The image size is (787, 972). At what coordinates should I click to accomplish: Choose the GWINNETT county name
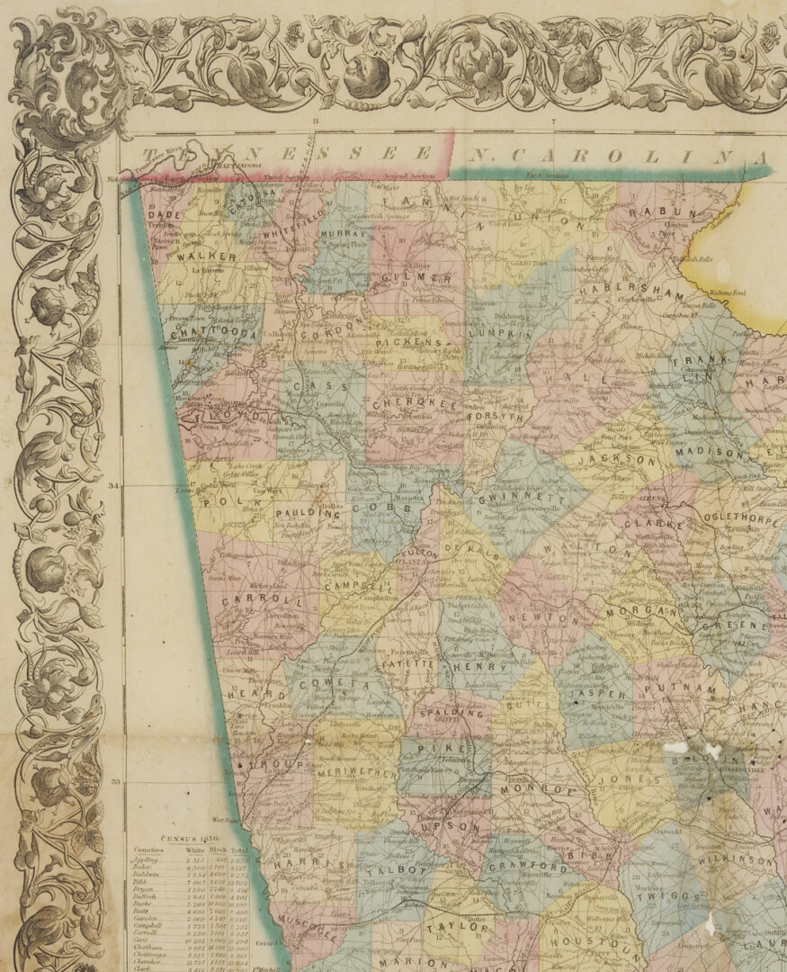point(510,500)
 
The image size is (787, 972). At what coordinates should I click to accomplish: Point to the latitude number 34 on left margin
point(113,486)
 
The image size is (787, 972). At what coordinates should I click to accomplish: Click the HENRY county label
point(474,667)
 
